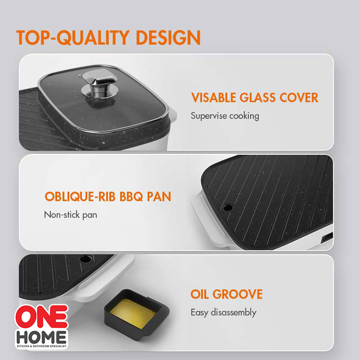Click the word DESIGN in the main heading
pos(168,37)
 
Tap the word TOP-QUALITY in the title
pos(73,37)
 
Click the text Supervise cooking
pos(225,116)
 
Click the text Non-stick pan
pos(70,215)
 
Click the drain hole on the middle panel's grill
pos(228,208)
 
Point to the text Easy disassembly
pos(223,312)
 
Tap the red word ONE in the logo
pos(42,317)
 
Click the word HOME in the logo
pos(42,337)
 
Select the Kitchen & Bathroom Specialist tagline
pos(42,346)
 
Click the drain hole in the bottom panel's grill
pos(85,259)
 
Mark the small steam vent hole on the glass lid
pos(80,76)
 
